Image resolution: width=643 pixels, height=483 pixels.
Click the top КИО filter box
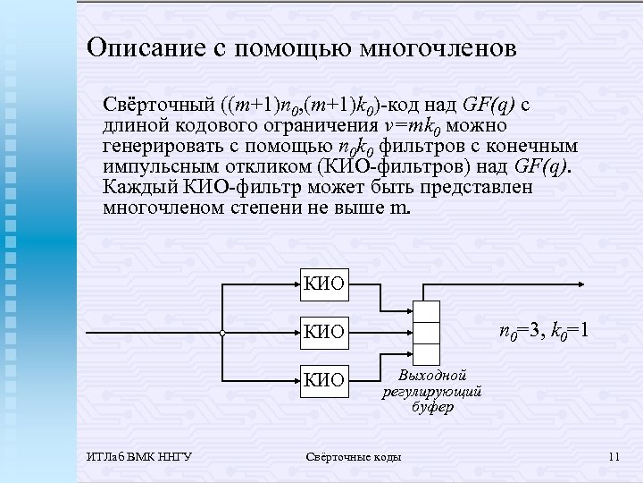click(324, 285)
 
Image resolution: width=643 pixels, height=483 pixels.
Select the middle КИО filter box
click(324, 332)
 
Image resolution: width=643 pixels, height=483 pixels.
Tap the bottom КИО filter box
click(324, 379)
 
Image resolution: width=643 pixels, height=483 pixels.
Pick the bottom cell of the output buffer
click(428, 354)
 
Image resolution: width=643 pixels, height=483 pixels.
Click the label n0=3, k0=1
click(542, 333)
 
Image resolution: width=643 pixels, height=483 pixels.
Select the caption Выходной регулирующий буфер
click(432, 390)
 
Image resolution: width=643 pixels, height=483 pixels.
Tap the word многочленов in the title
click(437, 47)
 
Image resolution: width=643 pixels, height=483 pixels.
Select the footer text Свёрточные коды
click(354, 458)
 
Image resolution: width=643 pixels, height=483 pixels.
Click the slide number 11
click(613, 458)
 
